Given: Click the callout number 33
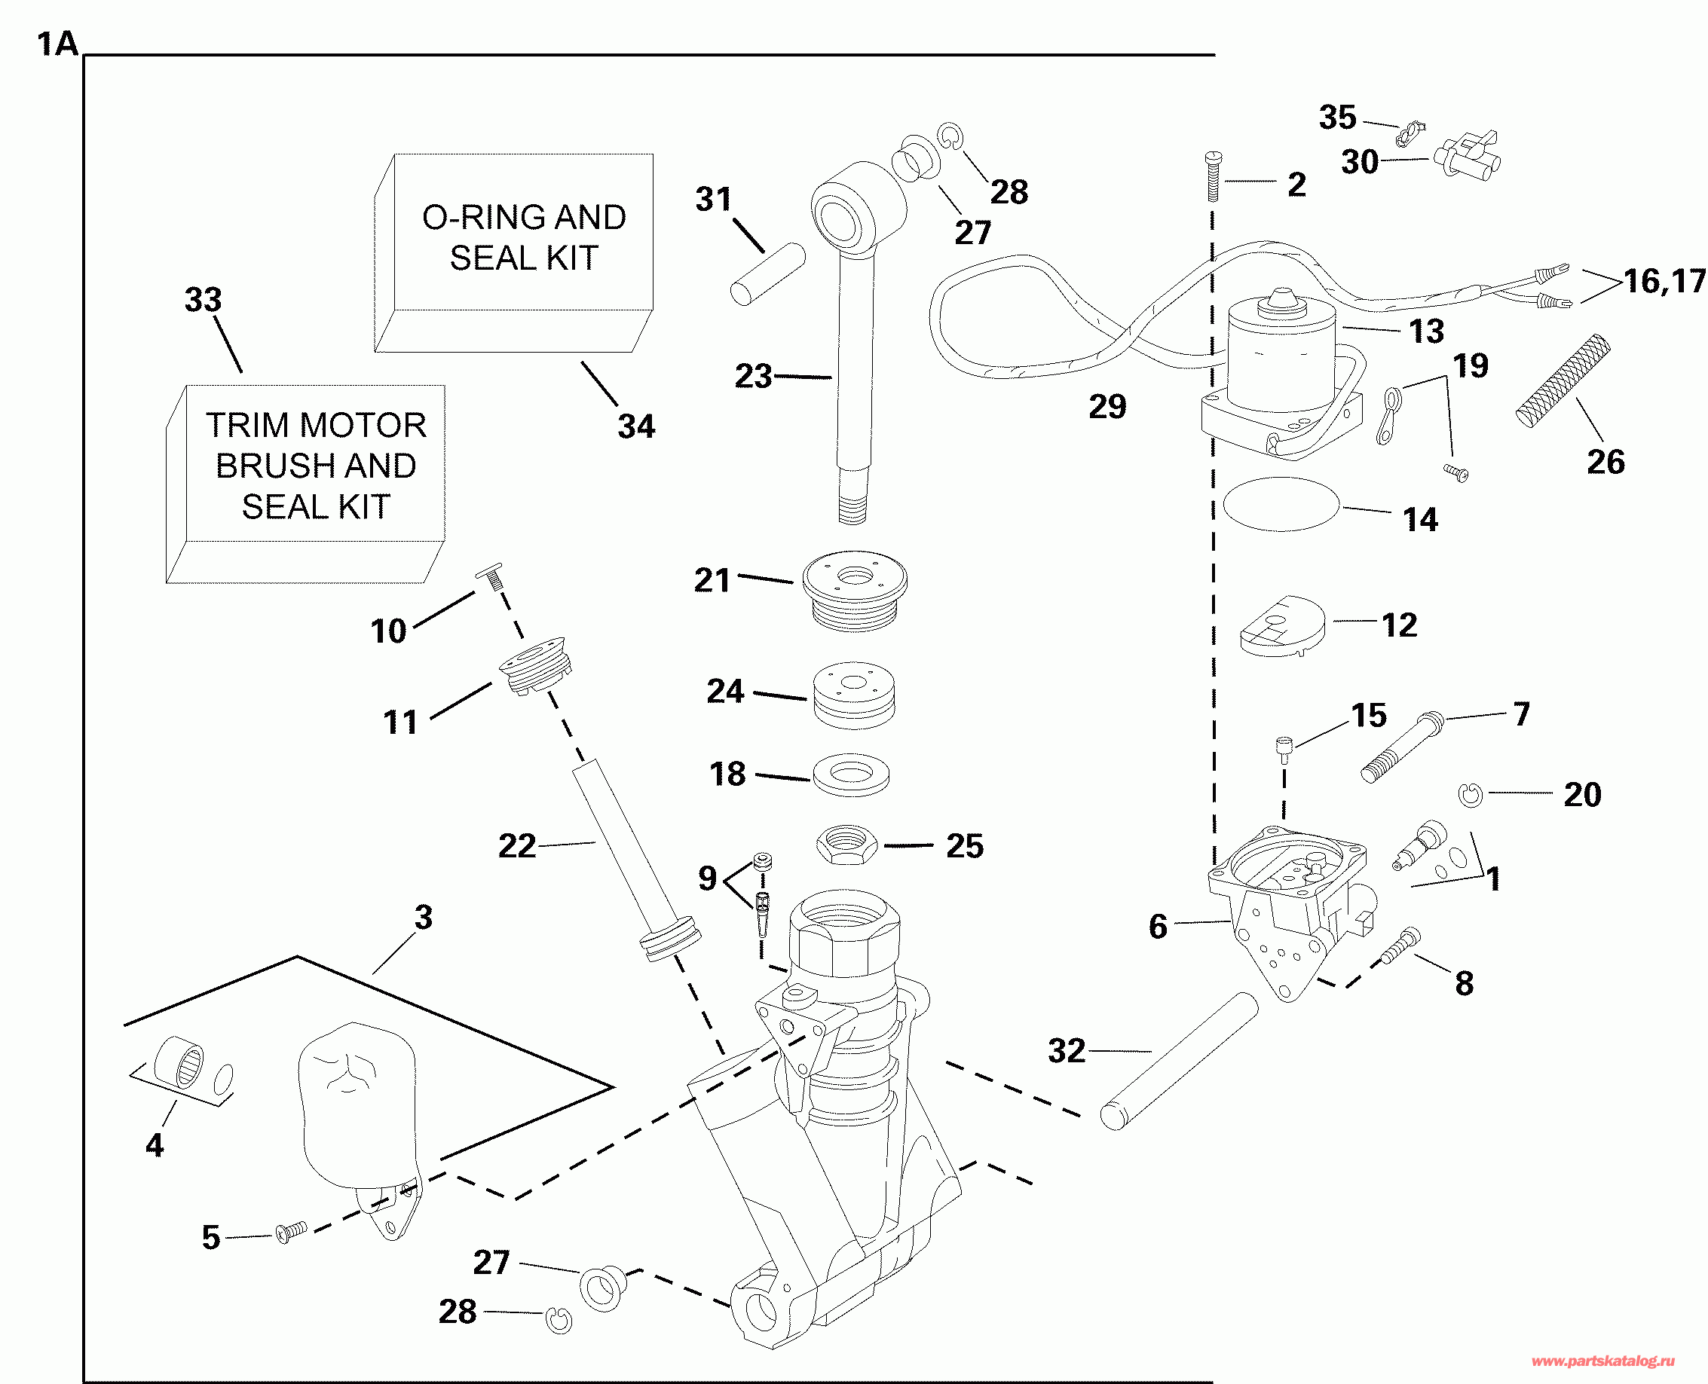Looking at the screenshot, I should click(x=203, y=301).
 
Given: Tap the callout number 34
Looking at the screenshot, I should click(x=635, y=426).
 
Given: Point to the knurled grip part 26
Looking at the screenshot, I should click(x=1562, y=380).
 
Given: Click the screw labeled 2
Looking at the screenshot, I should click(x=1213, y=176).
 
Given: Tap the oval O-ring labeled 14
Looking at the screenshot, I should click(x=1281, y=504).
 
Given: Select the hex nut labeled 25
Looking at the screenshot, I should click(x=846, y=845).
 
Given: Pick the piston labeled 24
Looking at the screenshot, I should click(x=853, y=695).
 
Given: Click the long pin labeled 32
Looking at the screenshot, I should click(x=1179, y=1061).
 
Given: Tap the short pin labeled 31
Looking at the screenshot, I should click(x=767, y=273).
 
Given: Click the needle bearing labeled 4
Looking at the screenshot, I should click(x=178, y=1062).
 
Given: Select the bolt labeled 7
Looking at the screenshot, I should click(x=1400, y=746).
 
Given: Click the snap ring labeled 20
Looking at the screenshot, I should click(x=1471, y=795).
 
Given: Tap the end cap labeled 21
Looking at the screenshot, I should click(x=854, y=591).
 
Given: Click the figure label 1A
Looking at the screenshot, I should click(x=57, y=44).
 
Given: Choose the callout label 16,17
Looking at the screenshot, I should click(x=1665, y=282).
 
